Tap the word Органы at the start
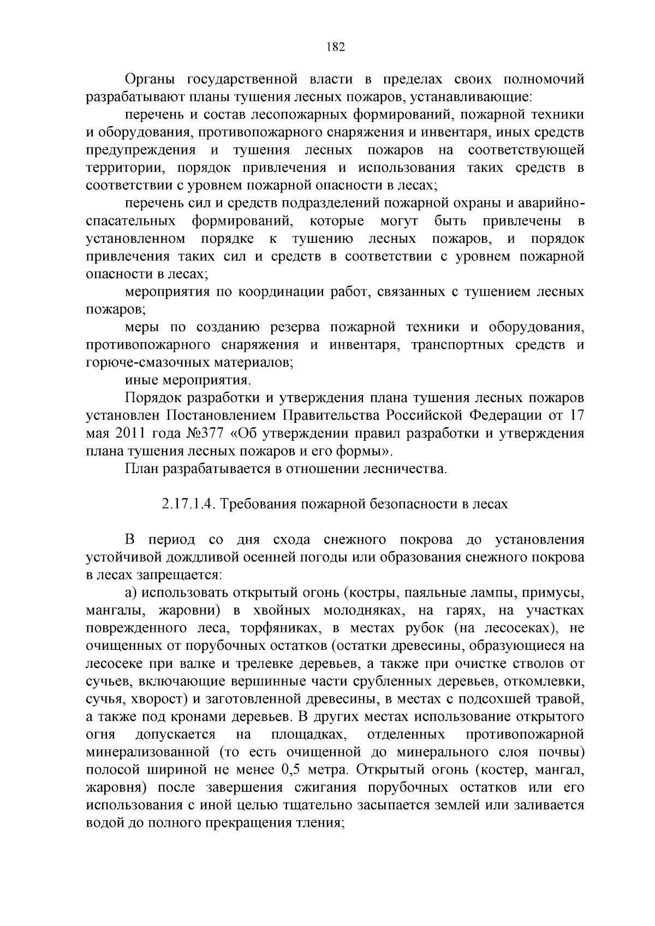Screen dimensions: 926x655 tap(150, 80)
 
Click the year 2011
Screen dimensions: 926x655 tap(136, 434)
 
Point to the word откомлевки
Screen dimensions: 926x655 tap(544, 681)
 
